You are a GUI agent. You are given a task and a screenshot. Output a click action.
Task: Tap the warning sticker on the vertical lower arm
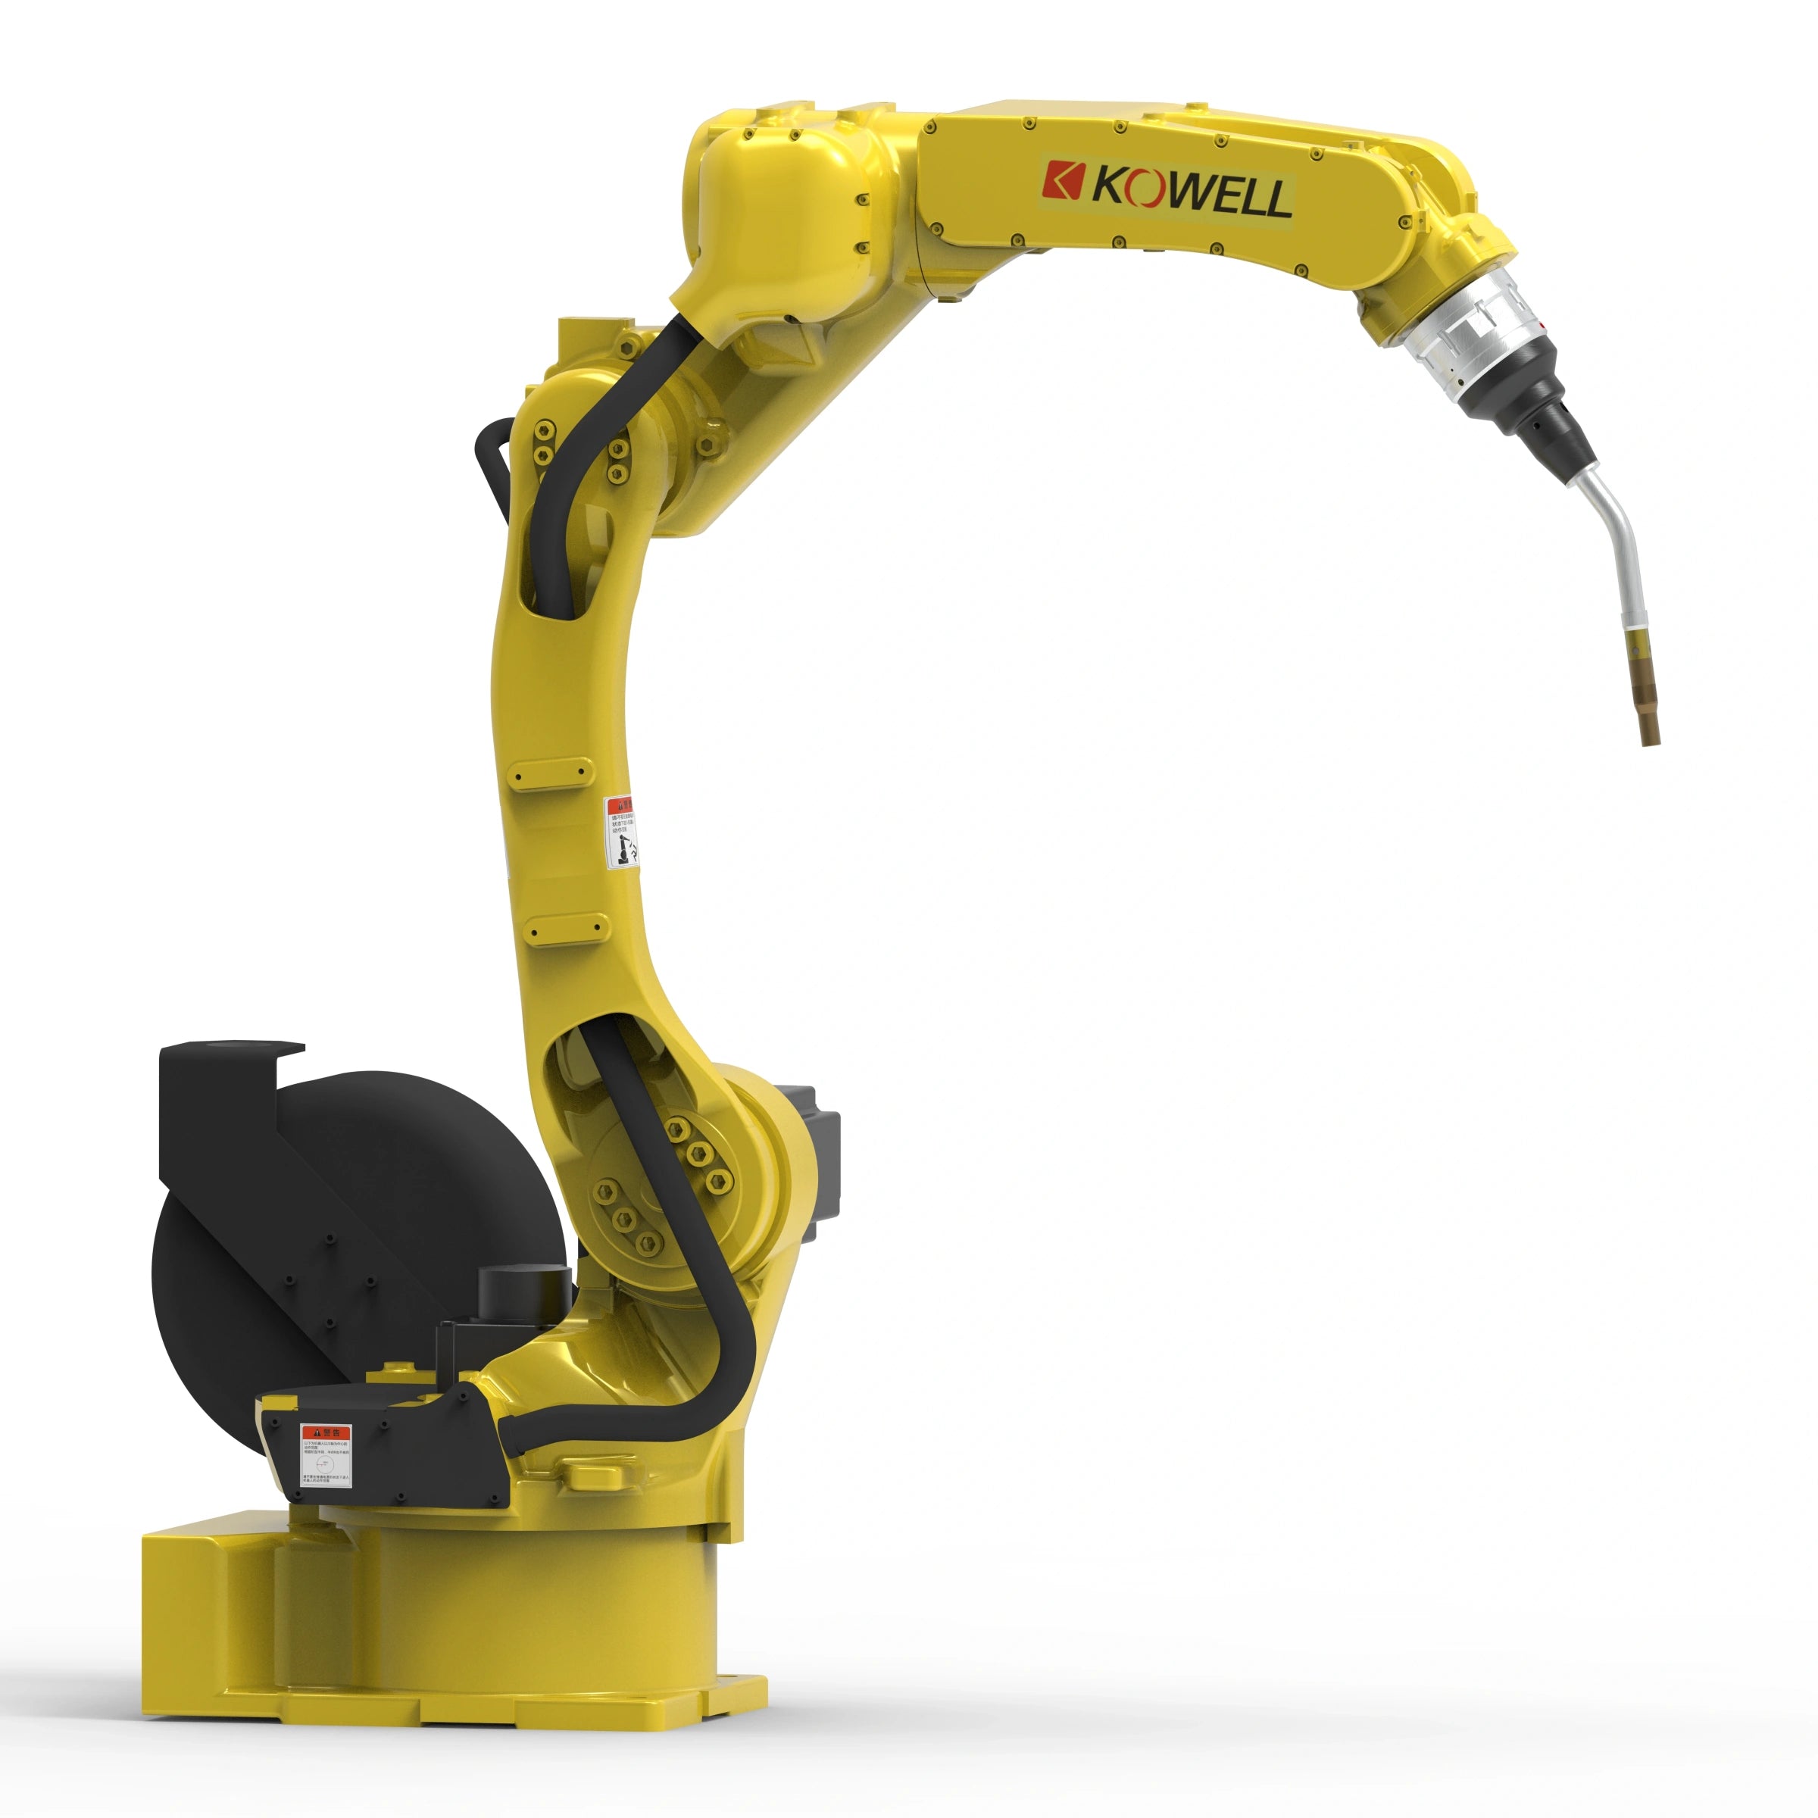620,832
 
